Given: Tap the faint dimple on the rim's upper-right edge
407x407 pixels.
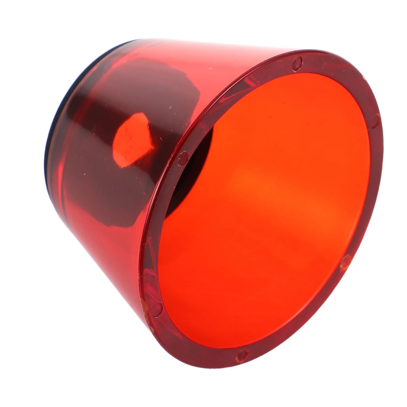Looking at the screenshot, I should click(x=375, y=121).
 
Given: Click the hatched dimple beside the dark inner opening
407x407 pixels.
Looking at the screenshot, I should click(x=184, y=158).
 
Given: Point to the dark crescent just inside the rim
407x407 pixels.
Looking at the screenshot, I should click(x=201, y=163).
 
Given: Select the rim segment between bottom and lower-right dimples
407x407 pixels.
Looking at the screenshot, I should click(x=300, y=328).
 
